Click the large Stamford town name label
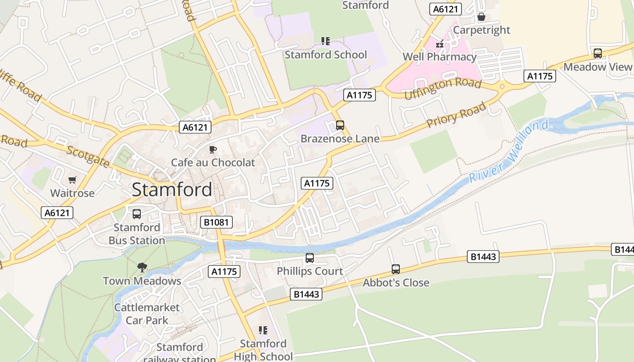tap(172, 190)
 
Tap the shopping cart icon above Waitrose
tap(72, 180)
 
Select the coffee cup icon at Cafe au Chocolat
tap(213, 149)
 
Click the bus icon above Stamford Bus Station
tap(137, 214)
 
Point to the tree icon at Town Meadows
tap(142, 267)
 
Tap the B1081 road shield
tap(216, 222)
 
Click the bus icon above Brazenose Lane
tap(340, 125)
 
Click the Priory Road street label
tap(456, 114)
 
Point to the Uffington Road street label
tap(442, 89)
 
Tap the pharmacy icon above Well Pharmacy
tap(439, 44)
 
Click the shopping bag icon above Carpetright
tap(481, 17)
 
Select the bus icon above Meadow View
tap(598, 53)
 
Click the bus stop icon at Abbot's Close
tap(396, 269)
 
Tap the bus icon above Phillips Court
tap(310, 258)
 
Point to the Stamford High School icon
tap(263, 330)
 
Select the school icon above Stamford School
tap(326, 41)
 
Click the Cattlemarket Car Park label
tap(147, 314)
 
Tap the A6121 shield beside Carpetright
tap(445, 9)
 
